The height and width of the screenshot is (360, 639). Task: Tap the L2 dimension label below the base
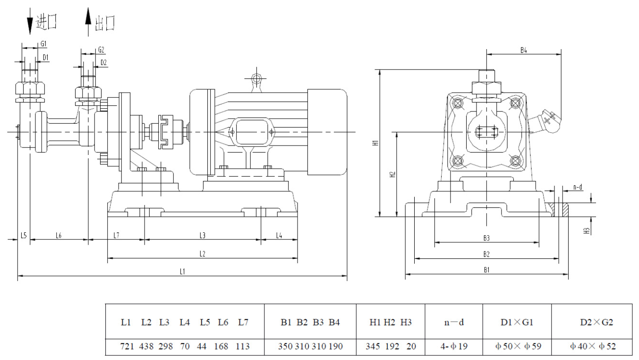(x=203, y=254)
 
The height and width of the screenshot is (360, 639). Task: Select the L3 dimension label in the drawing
(x=203, y=235)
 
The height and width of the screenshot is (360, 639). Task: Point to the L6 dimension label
(x=59, y=235)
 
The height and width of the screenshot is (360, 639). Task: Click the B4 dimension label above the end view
(x=524, y=50)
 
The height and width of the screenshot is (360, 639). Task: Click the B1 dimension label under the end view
(x=486, y=270)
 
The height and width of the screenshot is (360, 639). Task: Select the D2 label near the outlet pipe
(x=103, y=62)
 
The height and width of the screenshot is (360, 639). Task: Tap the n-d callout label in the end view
(x=578, y=188)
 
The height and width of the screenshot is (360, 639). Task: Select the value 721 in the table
(x=127, y=346)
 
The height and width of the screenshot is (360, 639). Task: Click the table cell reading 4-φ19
(x=453, y=346)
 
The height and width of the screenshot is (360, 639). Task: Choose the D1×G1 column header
(x=517, y=323)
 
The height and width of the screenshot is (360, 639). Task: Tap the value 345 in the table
(x=373, y=346)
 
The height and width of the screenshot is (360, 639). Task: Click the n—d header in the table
(x=453, y=323)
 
